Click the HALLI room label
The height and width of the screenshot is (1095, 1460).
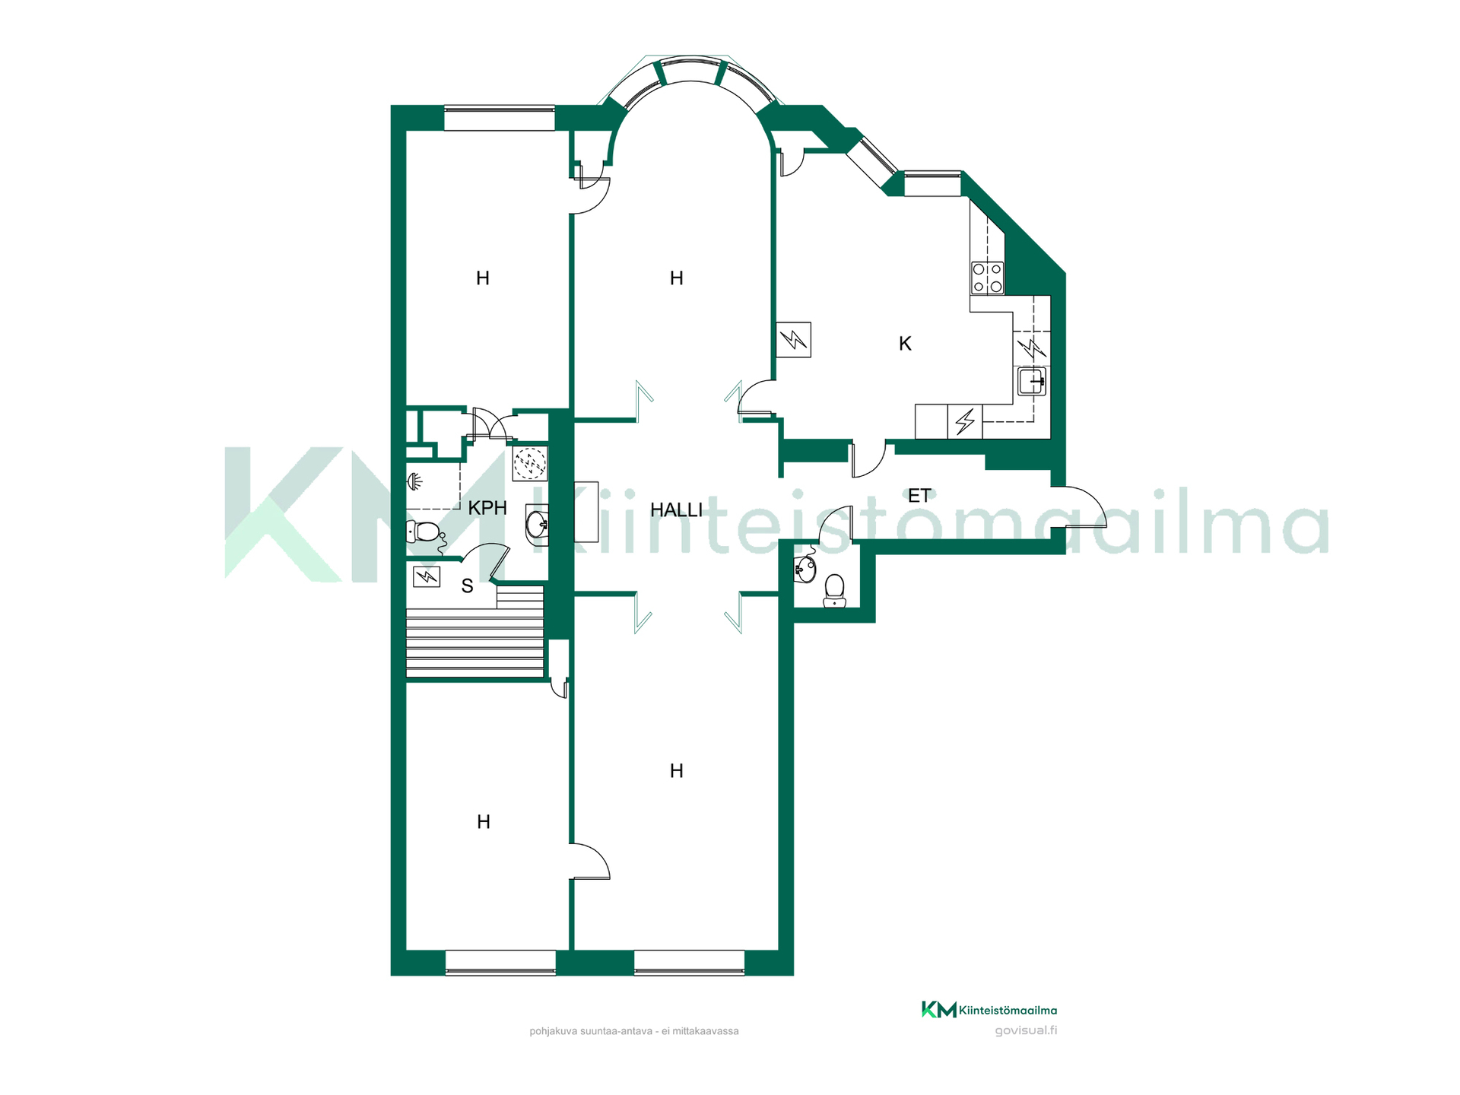click(676, 509)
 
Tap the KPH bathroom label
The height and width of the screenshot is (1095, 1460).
click(487, 508)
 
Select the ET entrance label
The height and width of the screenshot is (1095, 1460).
click(919, 496)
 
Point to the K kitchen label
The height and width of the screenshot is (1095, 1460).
click(905, 344)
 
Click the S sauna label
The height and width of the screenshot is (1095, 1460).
click(467, 586)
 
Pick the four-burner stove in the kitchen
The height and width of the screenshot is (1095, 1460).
click(988, 278)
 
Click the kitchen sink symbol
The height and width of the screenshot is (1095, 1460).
click(1032, 381)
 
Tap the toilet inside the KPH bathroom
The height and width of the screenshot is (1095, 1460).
click(426, 531)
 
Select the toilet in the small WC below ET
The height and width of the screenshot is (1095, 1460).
click(834, 590)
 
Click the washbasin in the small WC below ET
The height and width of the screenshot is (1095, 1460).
click(805, 568)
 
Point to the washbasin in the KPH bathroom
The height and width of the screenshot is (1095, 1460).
click(537, 522)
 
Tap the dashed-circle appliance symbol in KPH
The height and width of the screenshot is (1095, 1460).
click(530, 462)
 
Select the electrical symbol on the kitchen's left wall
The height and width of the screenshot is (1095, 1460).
click(793, 339)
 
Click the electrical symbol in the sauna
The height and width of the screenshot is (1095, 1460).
click(427, 577)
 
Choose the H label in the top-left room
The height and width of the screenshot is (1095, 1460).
click(482, 278)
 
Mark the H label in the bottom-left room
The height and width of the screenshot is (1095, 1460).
click(483, 822)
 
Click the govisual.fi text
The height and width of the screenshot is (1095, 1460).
click(1026, 1030)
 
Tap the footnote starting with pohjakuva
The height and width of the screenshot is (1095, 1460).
click(634, 1031)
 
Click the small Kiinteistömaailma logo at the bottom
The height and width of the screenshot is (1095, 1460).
click(989, 1010)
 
